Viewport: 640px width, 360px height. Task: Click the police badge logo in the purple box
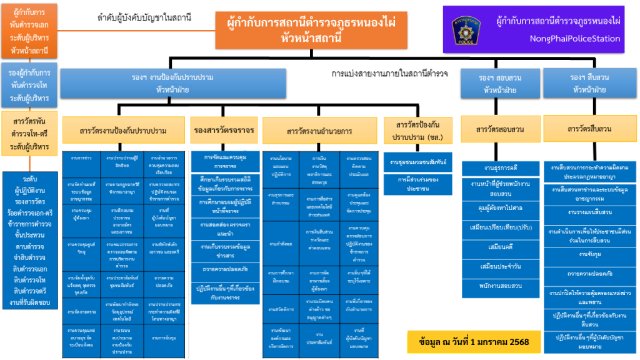(x=466, y=29)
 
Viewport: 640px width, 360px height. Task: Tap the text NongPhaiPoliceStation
(x=557, y=39)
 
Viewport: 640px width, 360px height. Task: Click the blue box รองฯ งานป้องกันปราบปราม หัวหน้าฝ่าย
(x=172, y=84)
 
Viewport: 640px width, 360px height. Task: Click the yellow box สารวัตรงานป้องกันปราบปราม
(x=123, y=131)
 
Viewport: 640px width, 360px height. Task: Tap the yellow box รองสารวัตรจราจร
(x=224, y=131)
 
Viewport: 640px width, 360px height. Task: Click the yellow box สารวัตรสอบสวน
(x=500, y=129)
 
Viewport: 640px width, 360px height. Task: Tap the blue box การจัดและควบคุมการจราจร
(x=224, y=161)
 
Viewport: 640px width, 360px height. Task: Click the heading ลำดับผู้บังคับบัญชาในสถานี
(x=144, y=17)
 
